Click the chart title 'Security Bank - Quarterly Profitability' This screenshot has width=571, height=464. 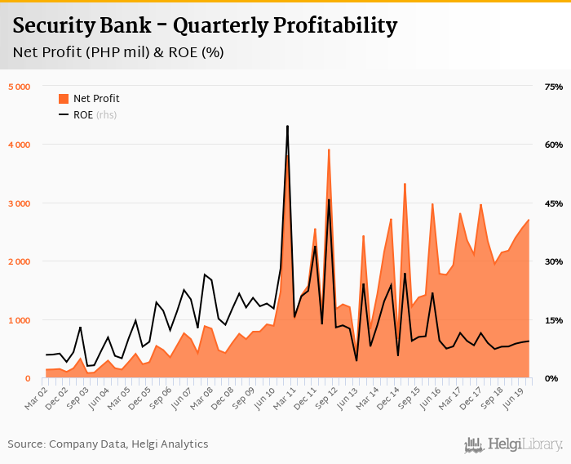(x=205, y=26)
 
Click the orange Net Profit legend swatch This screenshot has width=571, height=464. (x=64, y=99)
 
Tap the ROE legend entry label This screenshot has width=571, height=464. (x=83, y=115)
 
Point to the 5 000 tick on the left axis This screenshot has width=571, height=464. (x=18, y=87)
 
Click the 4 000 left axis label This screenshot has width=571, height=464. (x=18, y=145)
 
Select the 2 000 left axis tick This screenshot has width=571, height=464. (x=18, y=261)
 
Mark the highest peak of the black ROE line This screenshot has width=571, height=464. (x=287, y=127)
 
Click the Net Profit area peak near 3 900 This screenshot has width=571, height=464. (x=329, y=149)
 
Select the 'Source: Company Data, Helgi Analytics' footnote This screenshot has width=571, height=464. (x=108, y=444)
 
